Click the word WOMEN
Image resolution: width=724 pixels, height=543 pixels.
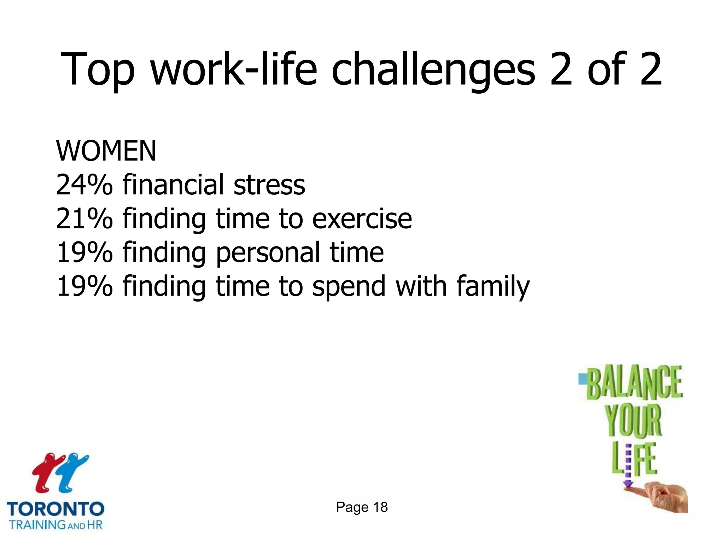pos(106,151)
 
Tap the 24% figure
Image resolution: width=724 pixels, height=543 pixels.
pos(84,185)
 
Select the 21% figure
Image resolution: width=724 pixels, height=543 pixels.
pos(84,219)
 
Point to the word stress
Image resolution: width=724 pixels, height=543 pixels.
pos(269,185)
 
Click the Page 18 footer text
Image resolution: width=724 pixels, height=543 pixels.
pos(362,507)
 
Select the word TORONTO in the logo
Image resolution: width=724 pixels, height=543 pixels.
pos(56,509)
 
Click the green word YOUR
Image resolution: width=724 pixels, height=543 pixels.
pos(633,421)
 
